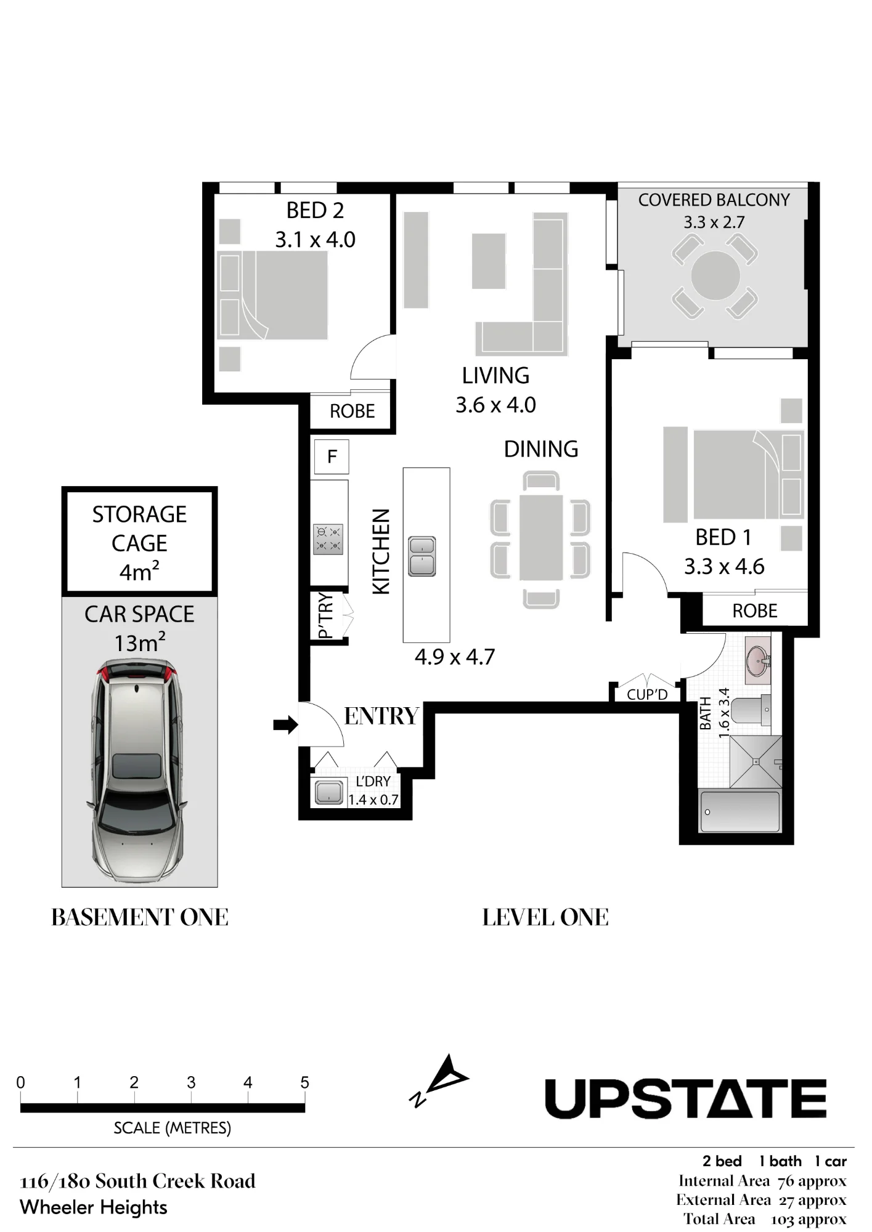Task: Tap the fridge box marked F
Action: (332, 456)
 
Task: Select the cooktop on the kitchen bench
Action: (328, 539)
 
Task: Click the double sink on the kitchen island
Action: (422, 556)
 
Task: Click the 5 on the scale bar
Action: (304, 1082)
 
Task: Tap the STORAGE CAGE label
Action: (139, 529)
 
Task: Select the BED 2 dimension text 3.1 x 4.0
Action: (315, 240)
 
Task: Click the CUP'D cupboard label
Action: (647, 695)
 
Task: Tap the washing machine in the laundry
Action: (328, 792)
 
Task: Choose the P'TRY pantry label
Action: (325, 615)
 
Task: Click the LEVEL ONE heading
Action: (545, 917)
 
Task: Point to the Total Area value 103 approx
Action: (809, 1219)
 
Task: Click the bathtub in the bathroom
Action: (740, 811)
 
